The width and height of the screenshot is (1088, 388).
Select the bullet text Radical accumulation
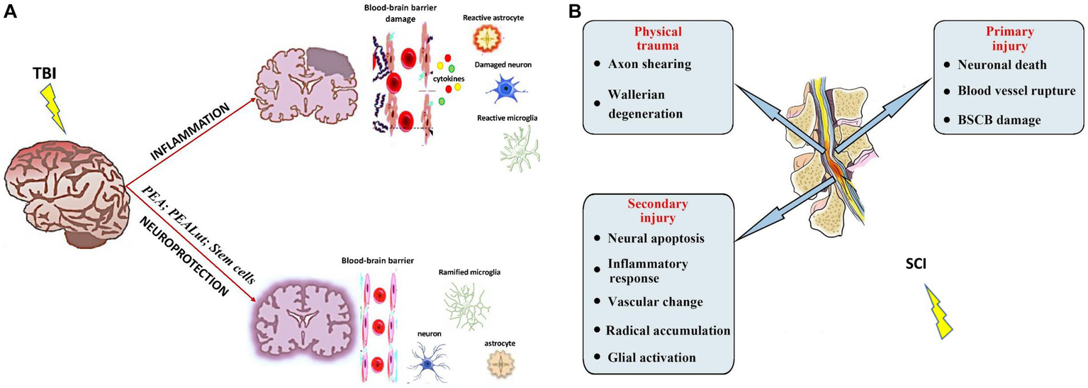coord(668,331)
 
